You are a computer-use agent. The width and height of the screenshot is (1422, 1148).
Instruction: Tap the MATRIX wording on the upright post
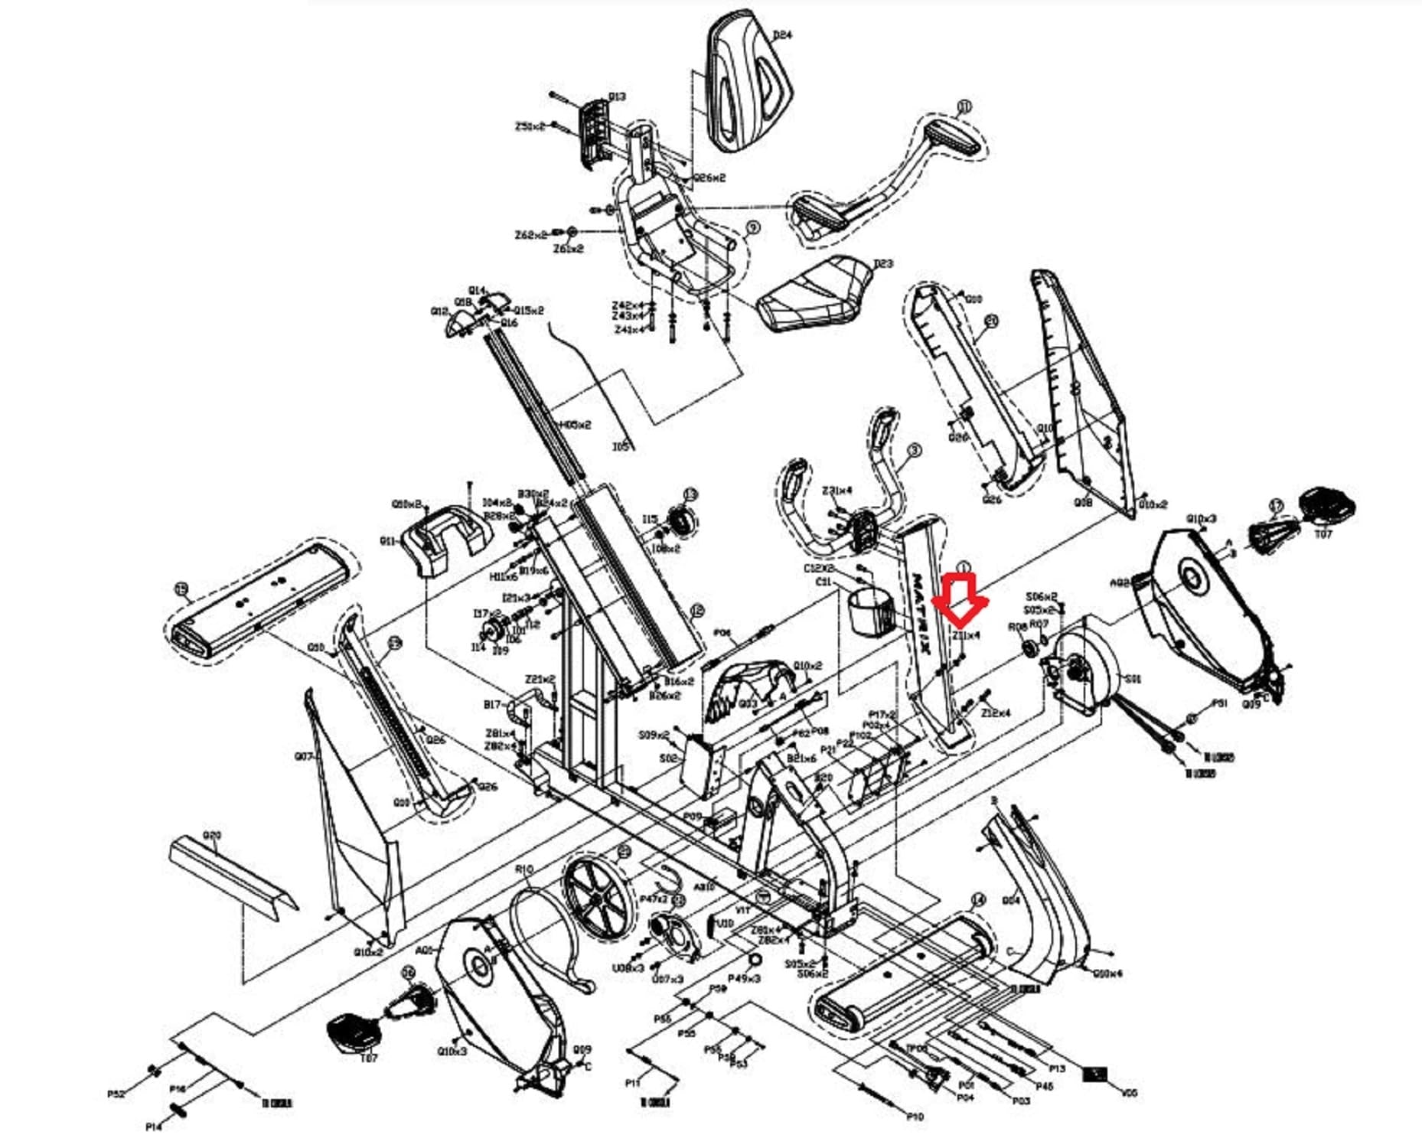(x=920, y=613)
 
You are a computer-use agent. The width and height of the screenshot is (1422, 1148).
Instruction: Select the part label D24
(x=782, y=35)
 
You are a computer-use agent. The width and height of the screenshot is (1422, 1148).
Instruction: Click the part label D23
(x=882, y=263)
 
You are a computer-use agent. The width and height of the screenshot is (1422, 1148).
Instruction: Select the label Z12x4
(x=995, y=713)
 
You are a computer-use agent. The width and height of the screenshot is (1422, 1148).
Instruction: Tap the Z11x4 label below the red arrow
(x=966, y=635)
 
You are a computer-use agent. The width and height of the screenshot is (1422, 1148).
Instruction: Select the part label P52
(x=116, y=1094)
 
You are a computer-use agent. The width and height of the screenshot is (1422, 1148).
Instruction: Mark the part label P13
(x=1057, y=1068)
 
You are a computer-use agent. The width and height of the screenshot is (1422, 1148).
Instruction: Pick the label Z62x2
(x=530, y=235)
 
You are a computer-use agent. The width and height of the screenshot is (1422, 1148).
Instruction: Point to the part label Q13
(x=617, y=97)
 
